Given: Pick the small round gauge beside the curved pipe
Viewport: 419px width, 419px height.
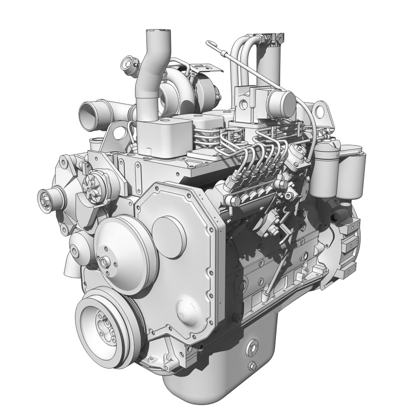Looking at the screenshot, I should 128,63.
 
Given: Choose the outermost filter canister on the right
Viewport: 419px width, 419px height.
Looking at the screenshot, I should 351,171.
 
